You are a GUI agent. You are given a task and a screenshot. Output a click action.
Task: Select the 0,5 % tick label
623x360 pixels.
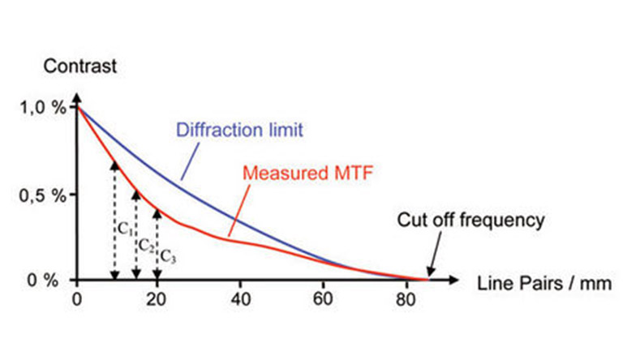coord(43,195)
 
